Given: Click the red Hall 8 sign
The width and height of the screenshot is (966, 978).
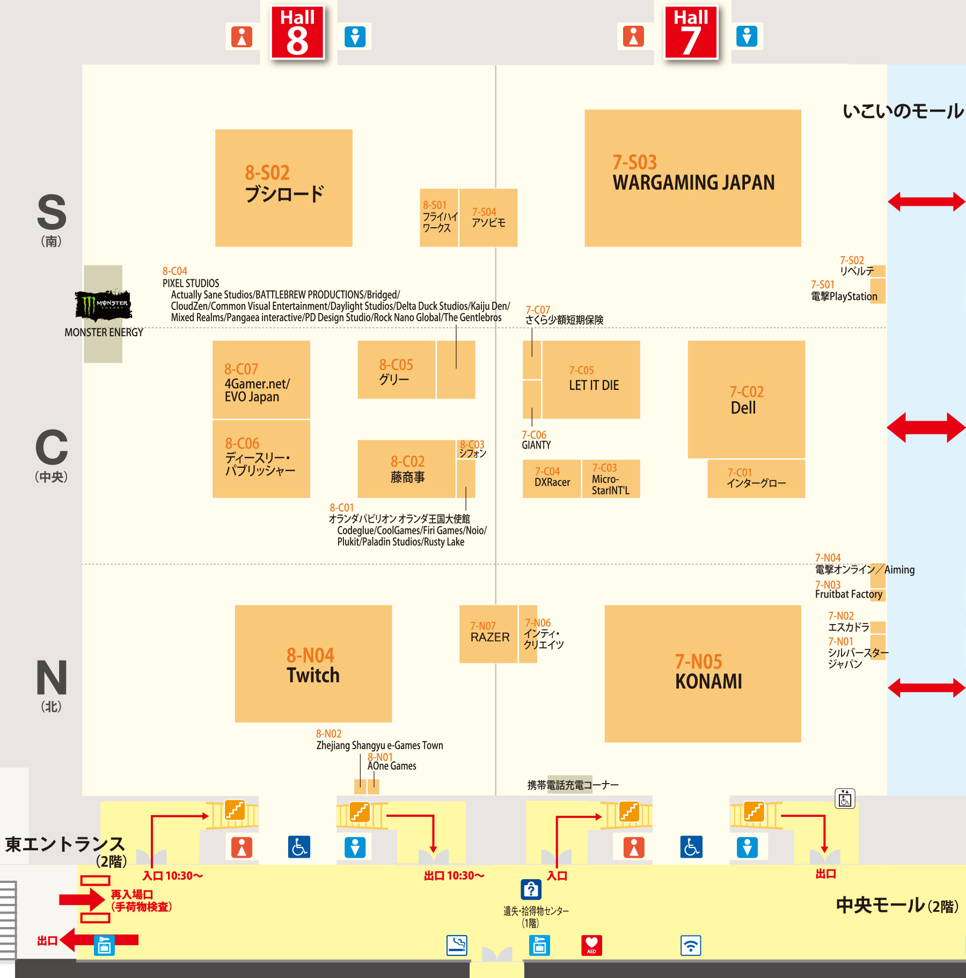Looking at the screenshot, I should pyautogui.click(x=297, y=32).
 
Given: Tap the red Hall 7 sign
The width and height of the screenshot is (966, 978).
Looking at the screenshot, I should pyautogui.click(x=691, y=32).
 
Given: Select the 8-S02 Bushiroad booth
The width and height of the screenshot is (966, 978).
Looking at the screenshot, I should pyautogui.click(x=283, y=188).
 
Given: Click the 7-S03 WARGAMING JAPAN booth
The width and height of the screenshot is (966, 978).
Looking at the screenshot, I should pyautogui.click(x=692, y=178).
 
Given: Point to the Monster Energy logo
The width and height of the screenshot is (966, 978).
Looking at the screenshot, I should pyautogui.click(x=104, y=305).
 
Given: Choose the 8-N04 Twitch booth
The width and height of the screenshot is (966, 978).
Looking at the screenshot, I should pyautogui.click(x=313, y=664).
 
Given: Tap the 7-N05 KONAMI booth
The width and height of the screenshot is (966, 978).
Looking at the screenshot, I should pyautogui.click(x=702, y=673).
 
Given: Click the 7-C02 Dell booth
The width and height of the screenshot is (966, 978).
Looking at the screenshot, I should pyautogui.click(x=746, y=399).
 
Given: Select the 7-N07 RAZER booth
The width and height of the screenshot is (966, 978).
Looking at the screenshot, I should pyautogui.click(x=488, y=634).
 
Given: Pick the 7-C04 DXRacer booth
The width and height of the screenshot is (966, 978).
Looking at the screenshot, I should pyautogui.click(x=552, y=478).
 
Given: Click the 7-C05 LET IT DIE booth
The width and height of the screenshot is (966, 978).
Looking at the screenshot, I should pyautogui.click(x=591, y=379).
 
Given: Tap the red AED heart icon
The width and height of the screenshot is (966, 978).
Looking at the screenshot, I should pyautogui.click(x=591, y=945).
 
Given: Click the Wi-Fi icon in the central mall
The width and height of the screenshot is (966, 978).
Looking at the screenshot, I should pyautogui.click(x=691, y=945).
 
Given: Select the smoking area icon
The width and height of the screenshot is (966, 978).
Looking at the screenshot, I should pyautogui.click(x=457, y=945).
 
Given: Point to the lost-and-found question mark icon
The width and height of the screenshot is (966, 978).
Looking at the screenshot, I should pyautogui.click(x=531, y=889).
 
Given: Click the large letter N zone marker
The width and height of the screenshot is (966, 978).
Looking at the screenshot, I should pyautogui.click(x=52, y=678).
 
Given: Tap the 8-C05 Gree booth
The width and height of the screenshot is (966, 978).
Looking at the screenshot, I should pyautogui.click(x=396, y=370).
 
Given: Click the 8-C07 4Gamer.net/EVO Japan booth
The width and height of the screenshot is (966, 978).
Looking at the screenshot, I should pyautogui.click(x=261, y=380).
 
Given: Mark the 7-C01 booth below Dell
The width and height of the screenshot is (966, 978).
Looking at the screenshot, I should pyautogui.click(x=756, y=478).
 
